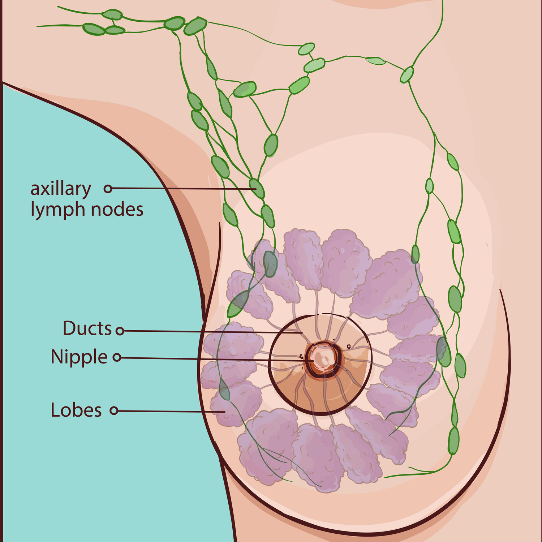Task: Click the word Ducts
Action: click(87, 328)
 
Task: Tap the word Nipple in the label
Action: click(79, 357)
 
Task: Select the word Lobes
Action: click(76, 410)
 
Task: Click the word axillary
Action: click(61, 189)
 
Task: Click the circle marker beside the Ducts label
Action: click(120, 331)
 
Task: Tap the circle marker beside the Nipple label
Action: click(117, 357)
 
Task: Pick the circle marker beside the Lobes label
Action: click(114, 410)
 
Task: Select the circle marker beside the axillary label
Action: click(108, 188)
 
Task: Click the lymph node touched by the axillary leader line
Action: click(257, 188)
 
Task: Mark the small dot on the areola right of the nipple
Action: click(349, 347)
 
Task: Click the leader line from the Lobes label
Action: click(170, 411)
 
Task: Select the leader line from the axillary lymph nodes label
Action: click(181, 189)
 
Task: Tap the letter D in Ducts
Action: click(69, 328)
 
